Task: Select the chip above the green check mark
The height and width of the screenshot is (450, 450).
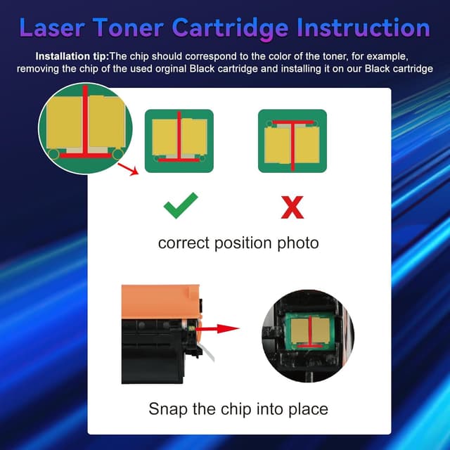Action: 179,141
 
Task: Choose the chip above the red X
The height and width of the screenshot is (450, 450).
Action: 292,141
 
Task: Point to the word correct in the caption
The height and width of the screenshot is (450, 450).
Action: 183,243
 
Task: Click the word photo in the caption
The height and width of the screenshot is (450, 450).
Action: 298,243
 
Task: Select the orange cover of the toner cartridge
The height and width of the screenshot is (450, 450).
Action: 158,298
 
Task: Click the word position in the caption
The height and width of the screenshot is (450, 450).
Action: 243,243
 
